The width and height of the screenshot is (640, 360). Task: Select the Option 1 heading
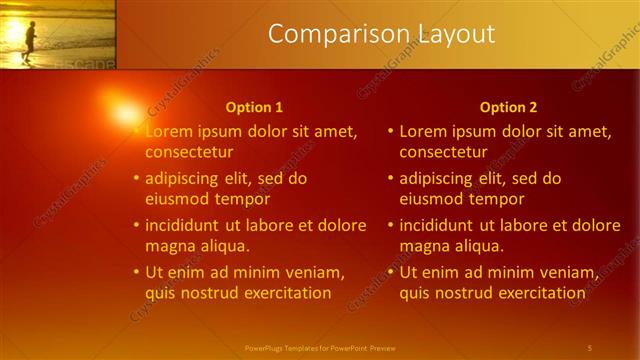pyautogui.click(x=254, y=107)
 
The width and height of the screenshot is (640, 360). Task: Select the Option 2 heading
pyautogui.click(x=508, y=107)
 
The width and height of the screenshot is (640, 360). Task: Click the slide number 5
pyautogui.click(x=589, y=347)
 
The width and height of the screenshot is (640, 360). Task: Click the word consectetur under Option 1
pyautogui.click(x=189, y=152)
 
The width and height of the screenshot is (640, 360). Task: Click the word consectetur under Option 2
pyautogui.click(x=443, y=152)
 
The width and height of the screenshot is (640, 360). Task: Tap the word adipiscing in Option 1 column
pyautogui.click(x=182, y=179)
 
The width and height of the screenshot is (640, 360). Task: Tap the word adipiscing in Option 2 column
pyautogui.click(x=436, y=179)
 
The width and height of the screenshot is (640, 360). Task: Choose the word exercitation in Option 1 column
pyautogui.click(x=283, y=293)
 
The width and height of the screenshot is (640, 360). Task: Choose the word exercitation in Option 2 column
pyautogui.click(x=537, y=293)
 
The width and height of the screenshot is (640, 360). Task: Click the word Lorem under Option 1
pyautogui.click(x=168, y=131)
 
